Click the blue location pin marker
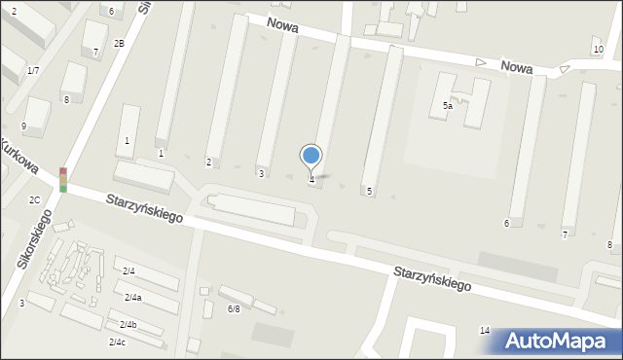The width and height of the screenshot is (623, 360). point(311,156)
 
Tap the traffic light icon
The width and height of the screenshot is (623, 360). point(63,179)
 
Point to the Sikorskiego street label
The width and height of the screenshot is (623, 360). point(31,254)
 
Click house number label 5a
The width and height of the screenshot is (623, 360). point(448,105)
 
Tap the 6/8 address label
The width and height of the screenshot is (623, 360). point(234,308)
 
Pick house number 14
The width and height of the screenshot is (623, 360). point(485,331)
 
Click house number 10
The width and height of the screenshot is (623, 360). point(597,50)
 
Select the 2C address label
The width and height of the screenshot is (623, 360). point(34,199)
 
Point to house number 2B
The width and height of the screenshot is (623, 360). point(119,43)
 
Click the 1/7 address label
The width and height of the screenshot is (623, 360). point(33,70)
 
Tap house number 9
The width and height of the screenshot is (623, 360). point(23,126)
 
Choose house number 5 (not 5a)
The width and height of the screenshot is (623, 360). point(369,192)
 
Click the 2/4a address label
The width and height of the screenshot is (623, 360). point(132,297)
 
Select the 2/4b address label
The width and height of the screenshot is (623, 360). point(128,324)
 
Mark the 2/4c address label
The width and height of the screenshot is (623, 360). point(117,342)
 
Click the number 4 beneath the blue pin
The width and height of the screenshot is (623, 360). point(311,180)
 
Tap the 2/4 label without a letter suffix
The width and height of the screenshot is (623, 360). point(128,270)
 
